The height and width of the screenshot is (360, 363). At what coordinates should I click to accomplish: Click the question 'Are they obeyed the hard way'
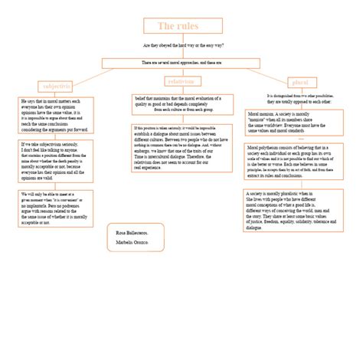tap(181, 46)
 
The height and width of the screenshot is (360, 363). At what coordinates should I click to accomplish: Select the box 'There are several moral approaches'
tap(181, 62)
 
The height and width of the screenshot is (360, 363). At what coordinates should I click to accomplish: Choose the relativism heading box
tap(181, 80)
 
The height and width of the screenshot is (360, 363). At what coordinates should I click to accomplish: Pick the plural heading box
tap(300, 82)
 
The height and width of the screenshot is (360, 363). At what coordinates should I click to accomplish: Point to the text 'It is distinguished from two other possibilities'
tap(299, 98)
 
